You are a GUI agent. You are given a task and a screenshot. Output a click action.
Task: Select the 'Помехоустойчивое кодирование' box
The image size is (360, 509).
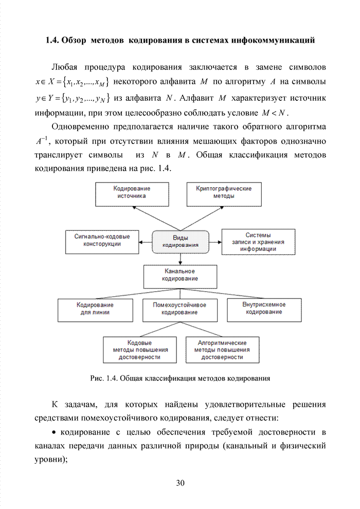pos(179,308)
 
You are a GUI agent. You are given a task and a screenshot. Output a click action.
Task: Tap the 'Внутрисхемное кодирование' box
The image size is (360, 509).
pos(263,308)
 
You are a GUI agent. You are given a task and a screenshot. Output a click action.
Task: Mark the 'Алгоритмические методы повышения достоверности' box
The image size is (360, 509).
pos(222,350)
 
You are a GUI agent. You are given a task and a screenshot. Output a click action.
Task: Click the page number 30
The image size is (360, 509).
pos(180,483)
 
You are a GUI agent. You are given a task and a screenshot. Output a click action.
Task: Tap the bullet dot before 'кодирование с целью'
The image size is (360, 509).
pos(56,431)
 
